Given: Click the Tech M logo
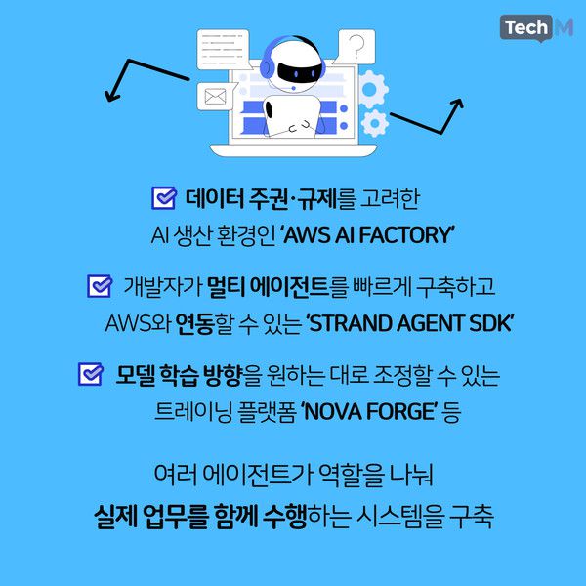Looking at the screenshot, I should pyautogui.click(x=536, y=29).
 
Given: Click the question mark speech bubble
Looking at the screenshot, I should pyautogui.click(x=357, y=47).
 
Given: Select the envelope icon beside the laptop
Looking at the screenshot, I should pyautogui.click(x=215, y=97).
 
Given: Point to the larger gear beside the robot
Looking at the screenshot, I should pyautogui.click(x=371, y=91).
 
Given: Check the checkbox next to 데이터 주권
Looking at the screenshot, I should pyautogui.click(x=163, y=200).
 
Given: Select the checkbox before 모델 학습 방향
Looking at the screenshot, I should pyautogui.click(x=90, y=374).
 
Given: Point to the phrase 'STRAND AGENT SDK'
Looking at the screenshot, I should pyautogui.click(x=410, y=322).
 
